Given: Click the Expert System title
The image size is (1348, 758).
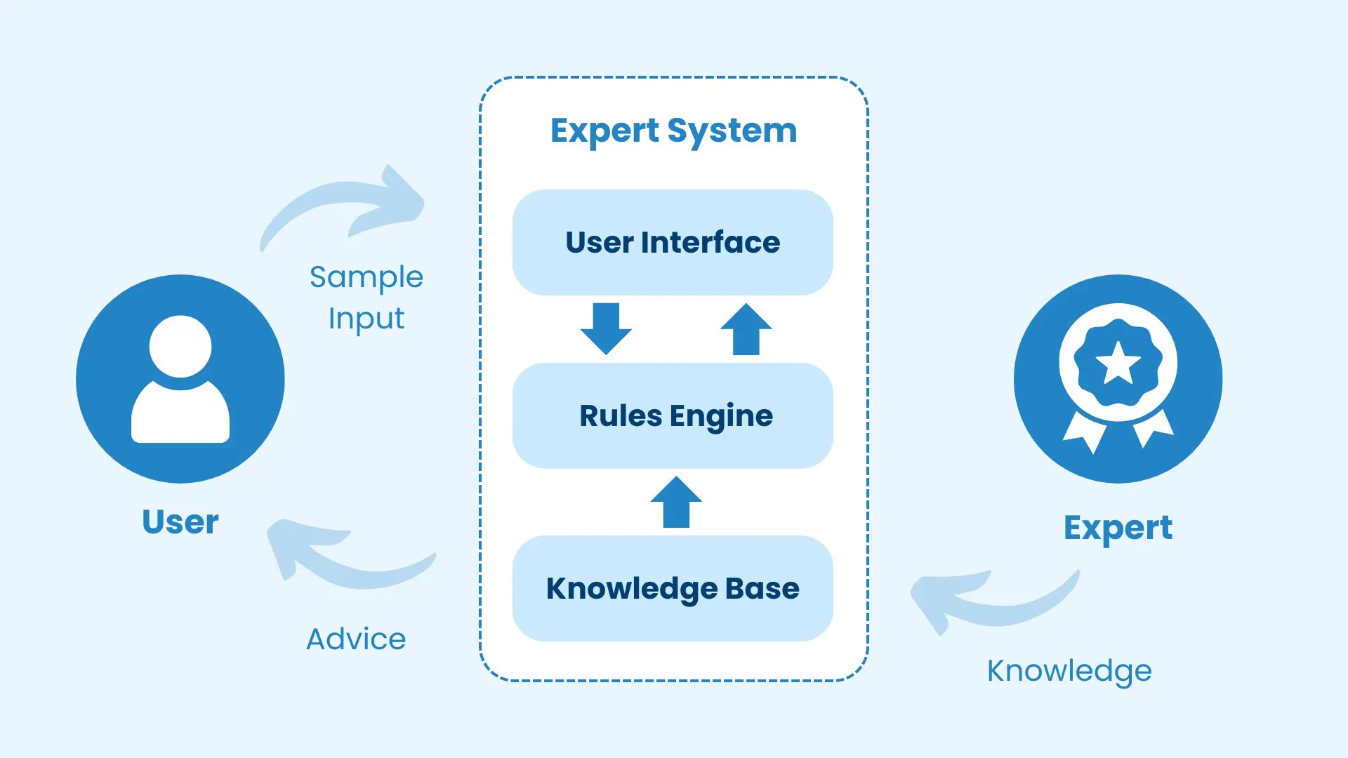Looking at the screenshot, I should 673,131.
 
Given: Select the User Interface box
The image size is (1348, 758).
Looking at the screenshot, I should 673,242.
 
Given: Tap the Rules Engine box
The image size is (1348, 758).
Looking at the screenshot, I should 673,415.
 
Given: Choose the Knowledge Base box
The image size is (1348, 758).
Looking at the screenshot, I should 673,588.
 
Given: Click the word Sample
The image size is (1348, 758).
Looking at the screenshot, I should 366,277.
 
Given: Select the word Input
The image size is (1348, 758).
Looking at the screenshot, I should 366,319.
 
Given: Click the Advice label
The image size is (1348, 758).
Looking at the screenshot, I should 356,639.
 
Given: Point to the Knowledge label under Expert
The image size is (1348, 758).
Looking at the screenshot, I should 1069,671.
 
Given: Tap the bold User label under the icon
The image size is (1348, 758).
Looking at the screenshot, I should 180,522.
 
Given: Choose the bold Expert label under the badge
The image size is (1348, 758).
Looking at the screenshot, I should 1117,528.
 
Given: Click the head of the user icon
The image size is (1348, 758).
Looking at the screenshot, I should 180,346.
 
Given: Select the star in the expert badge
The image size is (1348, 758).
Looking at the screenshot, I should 1118,364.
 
